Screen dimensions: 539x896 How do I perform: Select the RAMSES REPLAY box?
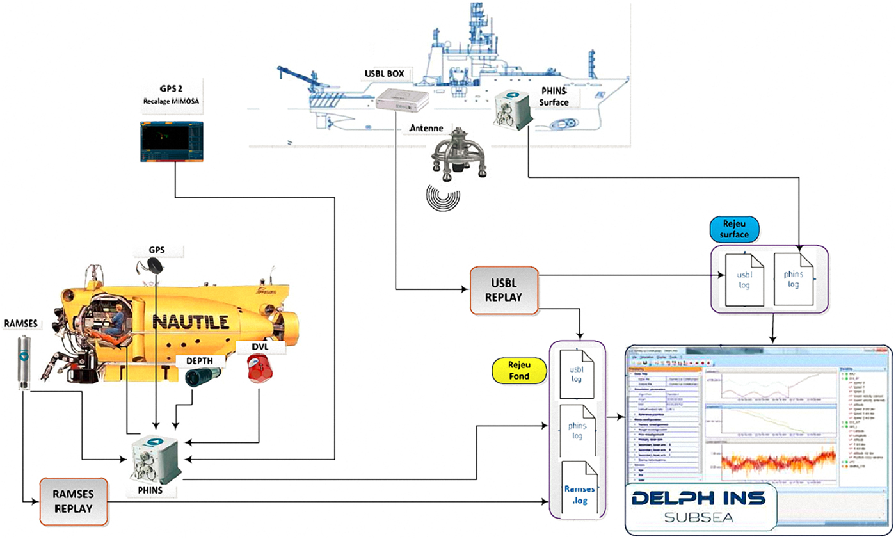tap(74, 501)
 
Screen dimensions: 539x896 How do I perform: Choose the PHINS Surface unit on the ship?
tap(514, 109)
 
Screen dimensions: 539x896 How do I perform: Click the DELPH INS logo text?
tap(701, 499)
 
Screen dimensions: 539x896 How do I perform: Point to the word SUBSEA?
tap(701, 517)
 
